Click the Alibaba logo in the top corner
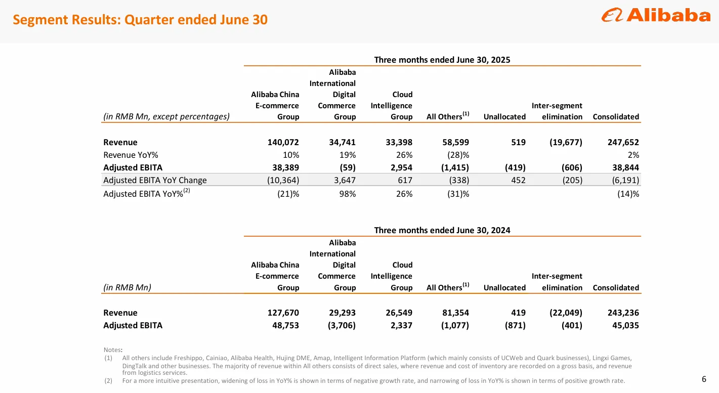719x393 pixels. pos(656,16)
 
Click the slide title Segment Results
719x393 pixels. pos(140,20)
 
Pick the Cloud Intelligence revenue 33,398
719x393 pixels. pos(397,143)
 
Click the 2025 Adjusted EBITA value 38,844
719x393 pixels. pos(624,167)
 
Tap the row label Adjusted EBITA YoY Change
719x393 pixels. pos(155,180)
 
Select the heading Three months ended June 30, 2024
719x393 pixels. pos(442,230)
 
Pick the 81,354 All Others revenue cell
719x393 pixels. pos(453,313)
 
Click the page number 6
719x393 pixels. pos(704,379)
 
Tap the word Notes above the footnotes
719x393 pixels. pos(112,350)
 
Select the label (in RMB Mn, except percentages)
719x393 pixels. pos(166,117)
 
